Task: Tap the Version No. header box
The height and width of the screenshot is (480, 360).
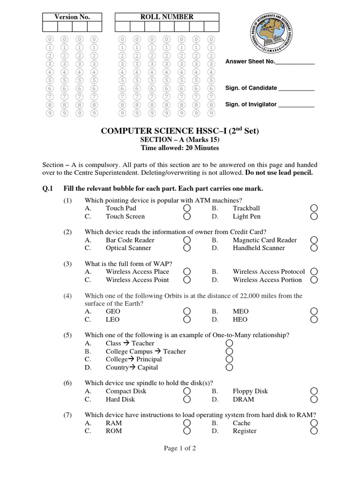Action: (x=72, y=17)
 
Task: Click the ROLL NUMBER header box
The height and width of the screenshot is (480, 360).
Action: (x=166, y=17)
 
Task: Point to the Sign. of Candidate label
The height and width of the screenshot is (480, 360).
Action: (x=251, y=88)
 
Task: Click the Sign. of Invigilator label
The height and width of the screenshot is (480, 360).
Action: (x=251, y=105)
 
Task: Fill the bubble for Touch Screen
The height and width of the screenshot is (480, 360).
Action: (x=187, y=217)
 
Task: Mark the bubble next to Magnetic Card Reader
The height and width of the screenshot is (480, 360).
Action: (x=314, y=240)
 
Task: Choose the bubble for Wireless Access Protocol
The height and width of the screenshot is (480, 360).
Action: (x=314, y=271)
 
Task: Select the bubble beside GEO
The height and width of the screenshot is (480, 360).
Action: (x=187, y=311)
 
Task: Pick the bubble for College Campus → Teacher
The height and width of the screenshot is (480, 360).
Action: (x=229, y=351)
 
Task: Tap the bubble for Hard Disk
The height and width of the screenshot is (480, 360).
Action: (x=187, y=399)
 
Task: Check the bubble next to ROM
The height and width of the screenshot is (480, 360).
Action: (x=187, y=431)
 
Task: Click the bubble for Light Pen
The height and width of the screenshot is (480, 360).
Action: (x=314, y=217)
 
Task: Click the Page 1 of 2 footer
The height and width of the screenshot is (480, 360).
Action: (x=180, y=449)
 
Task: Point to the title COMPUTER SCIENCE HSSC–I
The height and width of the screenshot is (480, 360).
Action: (x=180, y=131)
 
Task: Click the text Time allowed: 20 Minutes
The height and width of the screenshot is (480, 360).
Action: (x=180, y=148)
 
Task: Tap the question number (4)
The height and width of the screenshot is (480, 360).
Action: (x=68, y=296)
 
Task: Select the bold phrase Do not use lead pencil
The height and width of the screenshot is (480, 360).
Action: (x=278, y=172)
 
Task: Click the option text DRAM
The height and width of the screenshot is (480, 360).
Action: (x=243, y=399)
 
